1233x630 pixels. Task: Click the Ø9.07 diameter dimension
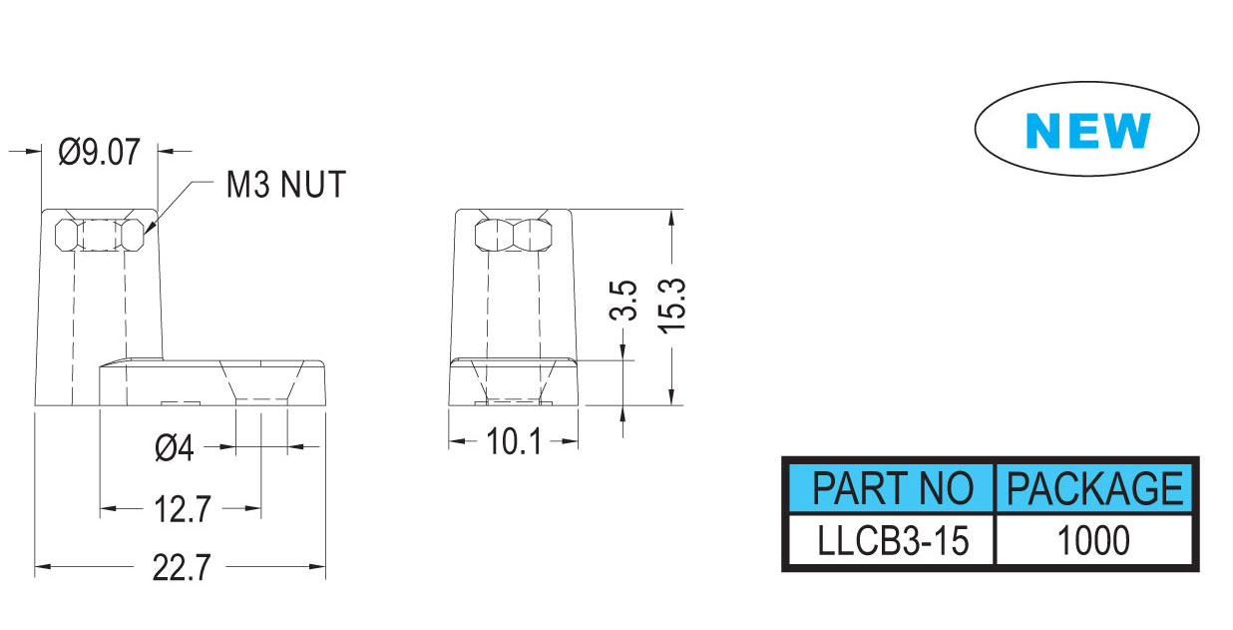click(100, 153)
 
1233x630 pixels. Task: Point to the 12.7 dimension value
click(183, 510)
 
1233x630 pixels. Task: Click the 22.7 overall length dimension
click(183, 568)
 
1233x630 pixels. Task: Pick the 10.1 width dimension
click(514, 441)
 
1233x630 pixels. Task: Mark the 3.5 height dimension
click(623, 300)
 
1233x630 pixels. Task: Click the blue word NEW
click(1087, 131)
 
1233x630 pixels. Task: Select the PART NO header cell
click(892, 489)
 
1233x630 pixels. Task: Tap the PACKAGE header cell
click(1094, 489)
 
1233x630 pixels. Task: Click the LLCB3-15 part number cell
click(892, 541)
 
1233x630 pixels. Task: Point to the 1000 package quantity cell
click(1094, 541)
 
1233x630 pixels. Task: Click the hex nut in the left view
click(99, 236)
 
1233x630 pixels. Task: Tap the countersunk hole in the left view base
click(260, 382)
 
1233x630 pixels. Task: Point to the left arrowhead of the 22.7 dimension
click(43, 568)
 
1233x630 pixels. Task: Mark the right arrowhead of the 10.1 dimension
click(573, 441)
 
